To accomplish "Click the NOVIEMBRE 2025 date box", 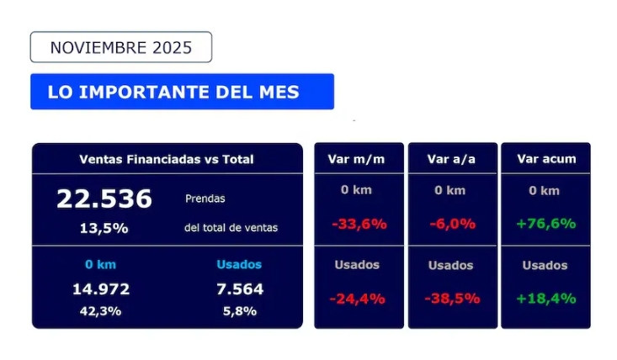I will pyautogui.click(x=120, y=47).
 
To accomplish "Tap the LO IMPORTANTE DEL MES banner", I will pyautogui.click(x=182, y=92).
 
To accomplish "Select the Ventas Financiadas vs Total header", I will pyautogui.click(x=167, y=159).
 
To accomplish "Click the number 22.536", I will pyautogui.click(x=104, y=199).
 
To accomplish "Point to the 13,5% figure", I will pyautogui.click(x=104, y=227).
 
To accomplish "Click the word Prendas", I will pyautogui.click(x=205, y=199).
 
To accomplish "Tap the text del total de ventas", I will pyautogui.click(x=231, y=227).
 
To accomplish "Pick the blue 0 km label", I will pyautogui.click(x=101, y=264).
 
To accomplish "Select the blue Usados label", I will pyautogui.click(x=239, y=264).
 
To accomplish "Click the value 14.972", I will pyautogui.click(x=101, y=289).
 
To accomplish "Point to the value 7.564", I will pyautogui.click(x=239, y=289).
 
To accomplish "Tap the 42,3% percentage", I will pyautogui.click(x=101, y=311).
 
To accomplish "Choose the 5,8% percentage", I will pyautogui.click(x=239, y=311).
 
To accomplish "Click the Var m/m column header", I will pyautogui.click(x=357, y=159).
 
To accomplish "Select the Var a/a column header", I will pyautogui.click(x=451, y=159).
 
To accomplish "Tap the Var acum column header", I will pyautogui.click(x=546, y=159).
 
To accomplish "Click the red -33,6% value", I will pyautogui.click(x=359, y=224).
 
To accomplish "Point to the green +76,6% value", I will pyautogui.click(x=546, y=224).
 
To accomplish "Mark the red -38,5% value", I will pyautogui.click(x=452, y=299).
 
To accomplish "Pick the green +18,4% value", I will pyautogui.click(x=546, y=299).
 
